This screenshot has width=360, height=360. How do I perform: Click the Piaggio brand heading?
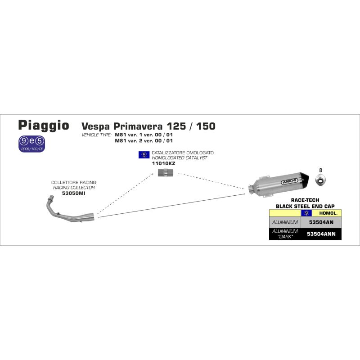coord(44,126)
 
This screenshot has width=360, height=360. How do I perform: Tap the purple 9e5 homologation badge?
coord(31,144)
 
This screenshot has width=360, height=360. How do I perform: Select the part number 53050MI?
coord(73,193)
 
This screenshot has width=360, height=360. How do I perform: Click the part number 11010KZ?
coord(163,163)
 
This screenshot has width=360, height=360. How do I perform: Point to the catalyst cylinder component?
coord(166,172)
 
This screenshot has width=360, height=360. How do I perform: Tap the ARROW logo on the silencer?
coord(289,181)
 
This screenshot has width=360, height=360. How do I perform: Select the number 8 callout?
coord(320,170)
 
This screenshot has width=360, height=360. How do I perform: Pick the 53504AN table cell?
coord(321,222)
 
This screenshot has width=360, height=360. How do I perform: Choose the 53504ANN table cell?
coord(321,234)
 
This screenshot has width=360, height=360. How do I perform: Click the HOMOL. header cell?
coord(328,213)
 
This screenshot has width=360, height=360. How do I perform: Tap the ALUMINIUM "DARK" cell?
coord(285,234)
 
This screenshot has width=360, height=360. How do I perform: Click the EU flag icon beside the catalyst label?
coord(144,155)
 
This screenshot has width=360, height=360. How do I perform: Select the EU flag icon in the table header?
coord(306,213)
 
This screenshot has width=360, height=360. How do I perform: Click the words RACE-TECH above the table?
coord(305,200)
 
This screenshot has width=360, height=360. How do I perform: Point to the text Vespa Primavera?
coord(122,126)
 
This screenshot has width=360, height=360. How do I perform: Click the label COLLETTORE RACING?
coord(73,182)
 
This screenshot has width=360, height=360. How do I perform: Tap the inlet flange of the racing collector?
coord(51,197)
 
